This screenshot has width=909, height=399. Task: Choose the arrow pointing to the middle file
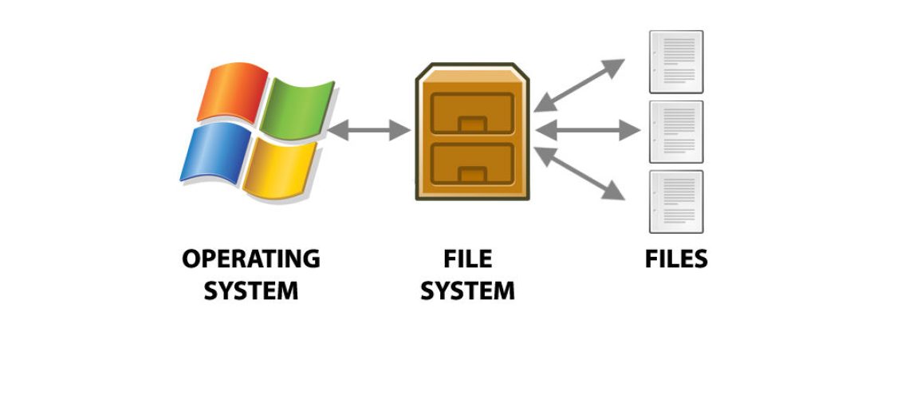[x=588, y=130]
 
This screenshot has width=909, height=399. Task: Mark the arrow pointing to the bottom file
[x=580, y=173]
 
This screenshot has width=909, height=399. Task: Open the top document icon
[x=676, y=61]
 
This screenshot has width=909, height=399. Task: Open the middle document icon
[x=676, y=132]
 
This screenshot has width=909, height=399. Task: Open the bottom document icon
[x=676, y=200]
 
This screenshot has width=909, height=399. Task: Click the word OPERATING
[x=250, y=259]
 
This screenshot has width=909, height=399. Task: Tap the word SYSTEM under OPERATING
[x=250, y=291]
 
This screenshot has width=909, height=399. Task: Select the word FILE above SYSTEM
[x=467, y=259]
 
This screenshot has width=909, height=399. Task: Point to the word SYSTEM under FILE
[x=467, y=291]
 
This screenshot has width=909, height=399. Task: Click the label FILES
[x=676, y=259]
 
